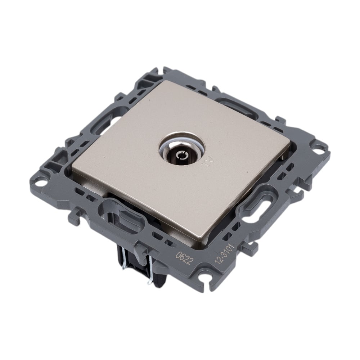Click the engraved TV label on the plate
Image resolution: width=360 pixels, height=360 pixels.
coord(207,162)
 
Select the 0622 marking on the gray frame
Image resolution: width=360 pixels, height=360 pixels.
coord(184,258)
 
